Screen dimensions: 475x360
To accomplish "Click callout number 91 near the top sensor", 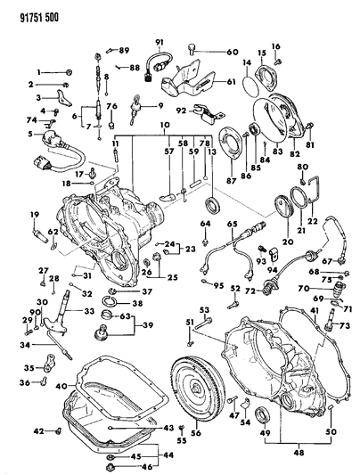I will pos(161,44).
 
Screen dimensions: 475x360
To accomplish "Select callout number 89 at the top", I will pos(123,49).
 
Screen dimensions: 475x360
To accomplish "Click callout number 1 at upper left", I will pos(38,71).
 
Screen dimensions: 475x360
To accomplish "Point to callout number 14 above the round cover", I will pos(247,62).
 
